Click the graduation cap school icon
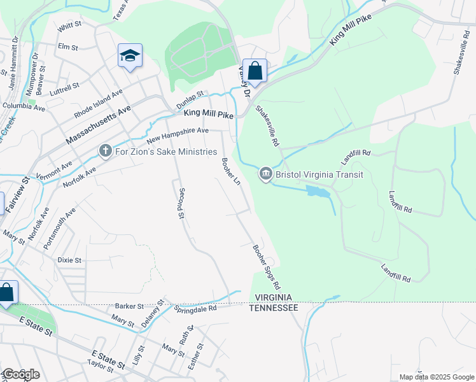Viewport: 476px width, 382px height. tap(130, 56)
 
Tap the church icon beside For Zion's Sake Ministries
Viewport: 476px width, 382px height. tap(105, 151)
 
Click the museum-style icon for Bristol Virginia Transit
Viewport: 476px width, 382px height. tap(265, 173)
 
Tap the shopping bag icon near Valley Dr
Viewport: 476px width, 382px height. tap(255, 71)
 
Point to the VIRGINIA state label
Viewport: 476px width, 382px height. tap(274, 298)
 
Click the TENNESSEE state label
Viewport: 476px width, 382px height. tap(273, 308)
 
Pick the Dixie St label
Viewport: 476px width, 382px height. tap(69, 260)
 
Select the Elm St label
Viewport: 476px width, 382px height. tap(67, 47)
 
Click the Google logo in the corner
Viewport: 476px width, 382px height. tap(20, 374)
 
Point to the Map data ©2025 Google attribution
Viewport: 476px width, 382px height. tap(436, 377)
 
